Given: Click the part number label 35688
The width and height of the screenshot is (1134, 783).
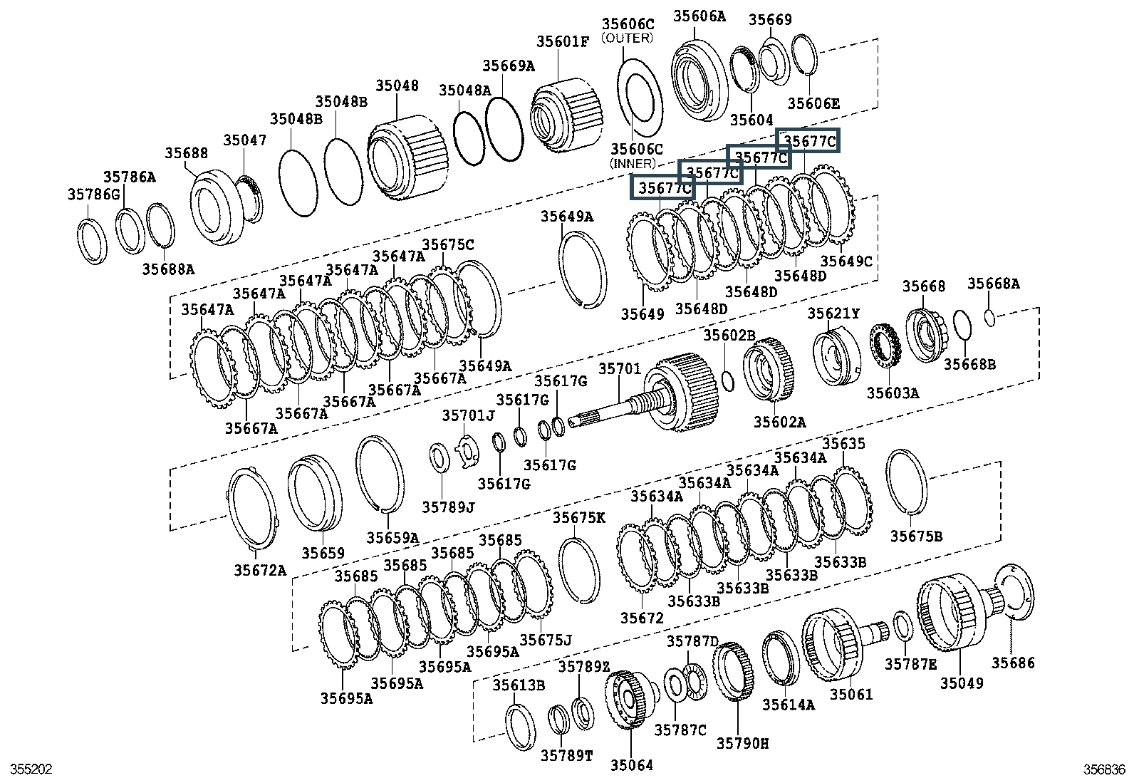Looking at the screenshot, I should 187,153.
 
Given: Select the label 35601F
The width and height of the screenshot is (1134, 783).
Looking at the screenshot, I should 563,41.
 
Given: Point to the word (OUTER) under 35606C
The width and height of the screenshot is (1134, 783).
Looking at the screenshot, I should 627,38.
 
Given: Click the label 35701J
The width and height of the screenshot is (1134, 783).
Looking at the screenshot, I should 467,415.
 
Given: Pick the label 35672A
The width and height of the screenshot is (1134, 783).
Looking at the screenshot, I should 260,570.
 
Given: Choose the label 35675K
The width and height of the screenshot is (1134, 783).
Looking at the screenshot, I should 578,517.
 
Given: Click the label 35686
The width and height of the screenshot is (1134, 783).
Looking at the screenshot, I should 1013,663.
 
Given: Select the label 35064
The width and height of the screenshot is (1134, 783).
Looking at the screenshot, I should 631,766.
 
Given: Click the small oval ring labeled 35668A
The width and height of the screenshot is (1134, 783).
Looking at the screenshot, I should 989,316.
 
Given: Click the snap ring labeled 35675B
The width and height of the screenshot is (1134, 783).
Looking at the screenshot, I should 907,481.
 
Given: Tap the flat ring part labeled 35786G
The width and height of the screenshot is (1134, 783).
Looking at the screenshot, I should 92,242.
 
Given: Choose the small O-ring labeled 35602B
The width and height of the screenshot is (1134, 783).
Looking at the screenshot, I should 728,380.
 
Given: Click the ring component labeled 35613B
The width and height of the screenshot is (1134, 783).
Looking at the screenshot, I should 520,726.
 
